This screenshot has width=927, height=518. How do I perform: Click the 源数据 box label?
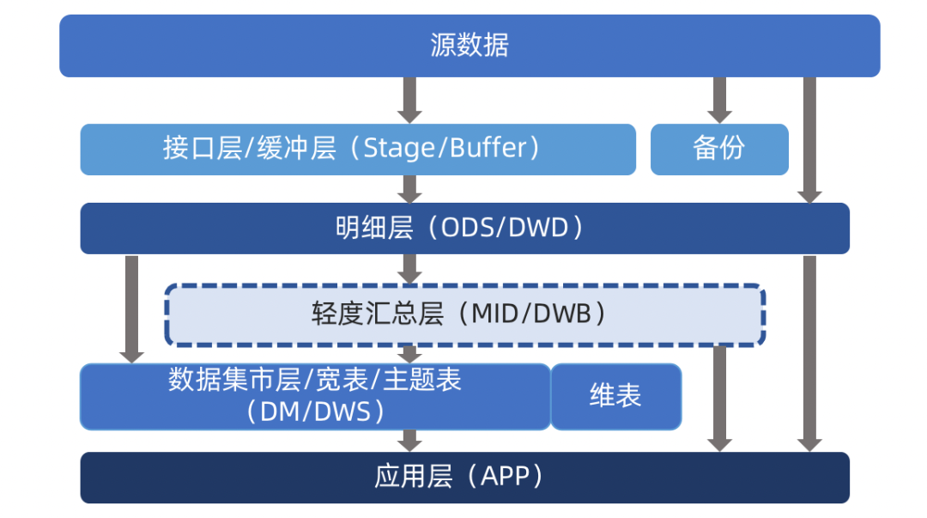tap(470, 45)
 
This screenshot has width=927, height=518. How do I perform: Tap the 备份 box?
tap(719, 149)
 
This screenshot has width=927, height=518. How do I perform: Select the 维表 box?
tap(616, 397)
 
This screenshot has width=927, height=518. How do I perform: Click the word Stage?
tap(399, 148)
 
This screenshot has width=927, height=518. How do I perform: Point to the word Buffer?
tap(488, 148)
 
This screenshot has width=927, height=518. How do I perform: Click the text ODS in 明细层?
tap(467, 228)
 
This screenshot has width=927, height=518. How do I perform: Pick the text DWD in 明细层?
tap(538, 228)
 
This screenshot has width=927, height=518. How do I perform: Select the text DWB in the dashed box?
tap(561, 314)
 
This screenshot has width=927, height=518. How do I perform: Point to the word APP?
tap(505, 476)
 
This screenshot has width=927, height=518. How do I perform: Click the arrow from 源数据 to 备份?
tap(719, 100)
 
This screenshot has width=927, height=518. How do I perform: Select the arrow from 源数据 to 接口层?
tap(409, 100)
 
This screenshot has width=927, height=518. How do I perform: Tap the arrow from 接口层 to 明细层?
tap(409, 189)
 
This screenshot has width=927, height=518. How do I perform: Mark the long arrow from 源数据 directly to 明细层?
tap(809, 140)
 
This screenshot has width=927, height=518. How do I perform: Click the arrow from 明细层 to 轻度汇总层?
tap(409, 270)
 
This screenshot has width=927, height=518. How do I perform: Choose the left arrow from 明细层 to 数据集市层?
tap(132, 309)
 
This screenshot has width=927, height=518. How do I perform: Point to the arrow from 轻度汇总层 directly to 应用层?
tap(719, 399)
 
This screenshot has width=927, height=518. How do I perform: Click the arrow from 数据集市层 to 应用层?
tap(409, 441)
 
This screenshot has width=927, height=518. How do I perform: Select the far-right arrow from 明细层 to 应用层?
tap(809, 353)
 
